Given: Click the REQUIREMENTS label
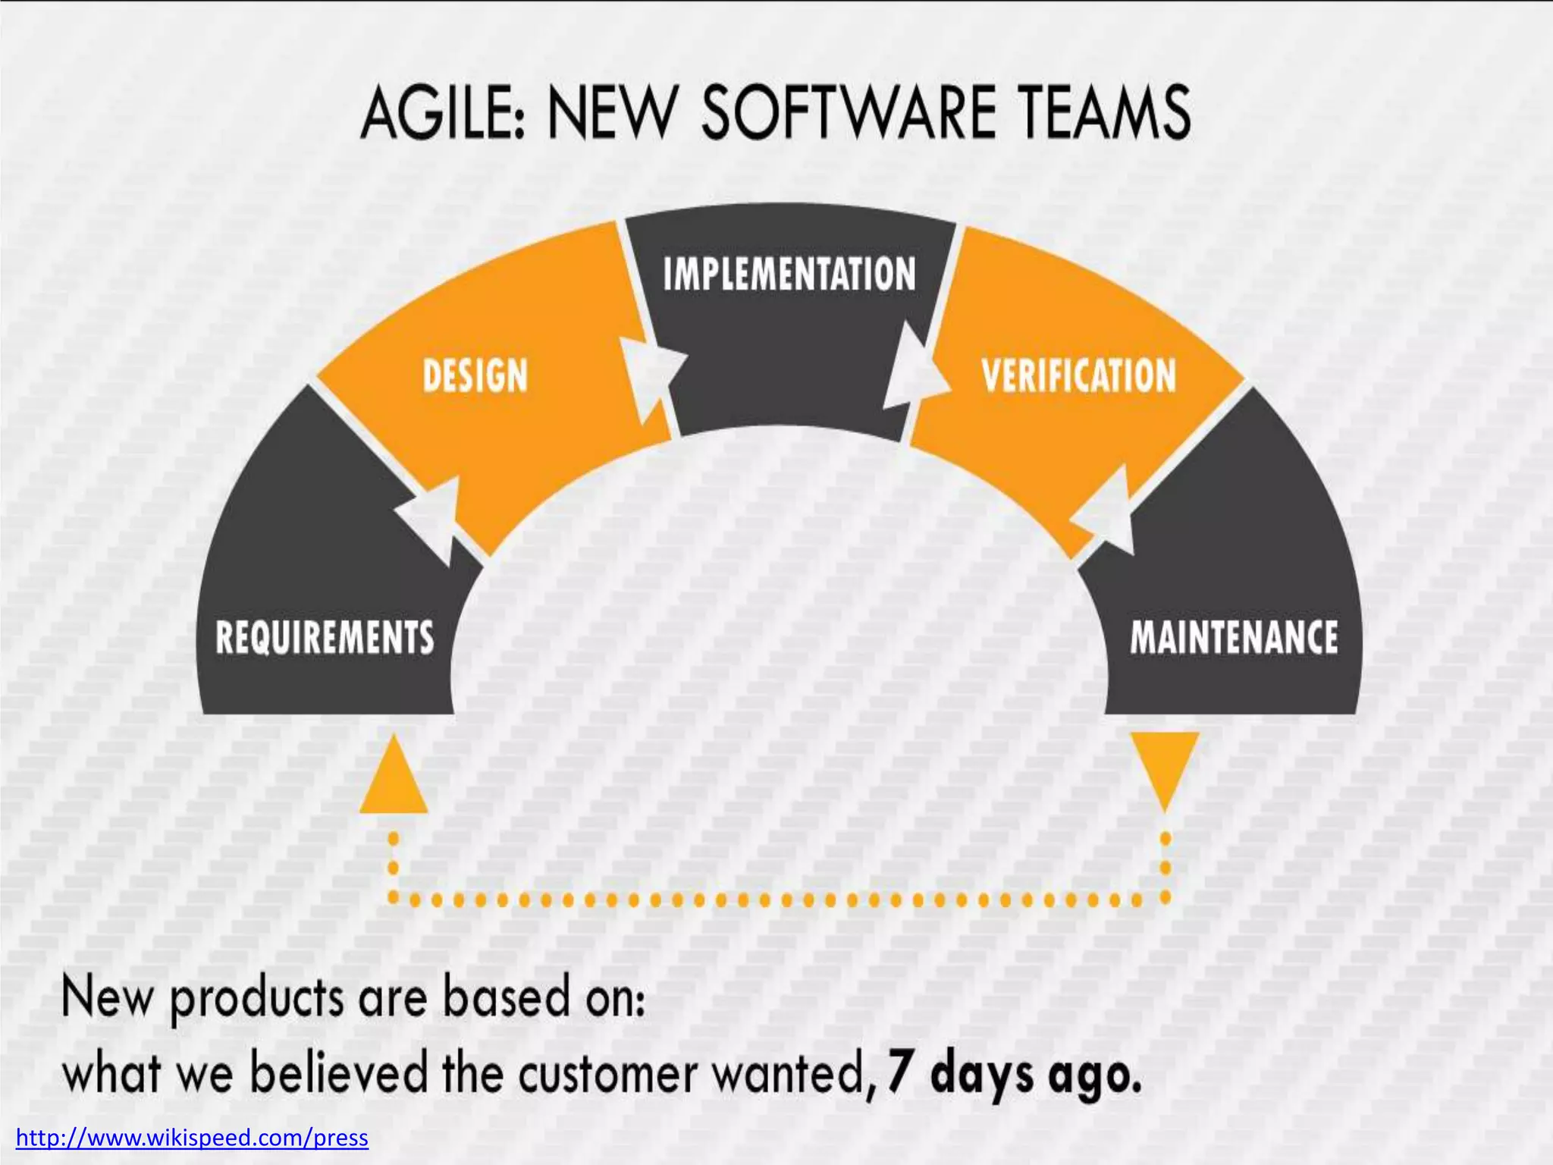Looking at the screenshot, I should coord(325,637).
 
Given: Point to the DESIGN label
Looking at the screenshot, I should coord(475,376).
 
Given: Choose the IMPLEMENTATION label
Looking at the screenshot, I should coord(789,275).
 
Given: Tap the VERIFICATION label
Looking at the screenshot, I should coord(1078,376).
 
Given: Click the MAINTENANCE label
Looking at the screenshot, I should coord(1234,637).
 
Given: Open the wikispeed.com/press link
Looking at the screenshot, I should coord(192,1138).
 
